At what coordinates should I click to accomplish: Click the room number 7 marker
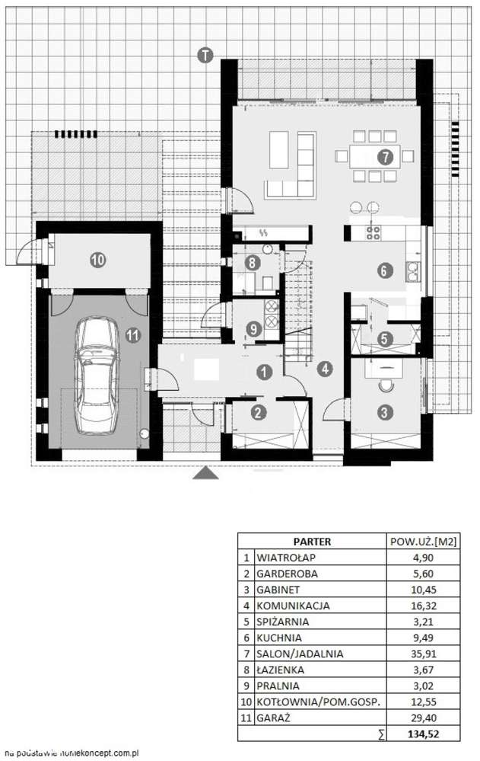[384, 158]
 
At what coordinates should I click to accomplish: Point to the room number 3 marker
[386, 412]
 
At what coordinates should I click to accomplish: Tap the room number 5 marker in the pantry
[385, 339]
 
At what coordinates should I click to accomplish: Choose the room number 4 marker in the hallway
[325, 369]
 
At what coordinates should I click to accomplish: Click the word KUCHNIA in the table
[279, 637]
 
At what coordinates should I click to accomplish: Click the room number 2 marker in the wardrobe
[259, 413]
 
